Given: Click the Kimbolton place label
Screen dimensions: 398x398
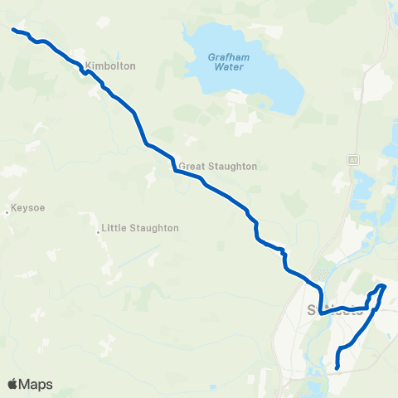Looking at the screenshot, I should [x=115, y=66].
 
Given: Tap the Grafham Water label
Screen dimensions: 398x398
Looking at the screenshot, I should [x=229, y=61].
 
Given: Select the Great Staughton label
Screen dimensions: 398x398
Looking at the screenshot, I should [x=218, y=166].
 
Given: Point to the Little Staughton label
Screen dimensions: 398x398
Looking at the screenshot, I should [x=139, y=227].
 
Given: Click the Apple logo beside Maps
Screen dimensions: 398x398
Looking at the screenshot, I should [x=12, y=384].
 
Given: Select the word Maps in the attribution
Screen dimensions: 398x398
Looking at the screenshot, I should [x=36, y=384].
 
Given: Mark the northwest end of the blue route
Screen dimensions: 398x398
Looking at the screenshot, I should [x=13, y=30].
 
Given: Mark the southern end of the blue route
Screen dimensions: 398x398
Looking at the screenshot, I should [x=337, y=367].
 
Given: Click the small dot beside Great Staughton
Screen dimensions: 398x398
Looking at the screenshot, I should [x=176, y=166].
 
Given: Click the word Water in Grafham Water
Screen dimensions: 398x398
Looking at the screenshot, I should [x=229, y=67].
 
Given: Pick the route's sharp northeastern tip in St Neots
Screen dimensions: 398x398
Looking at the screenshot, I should [x=383, y=286].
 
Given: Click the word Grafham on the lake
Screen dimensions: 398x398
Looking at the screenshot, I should [x=229, y=56].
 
